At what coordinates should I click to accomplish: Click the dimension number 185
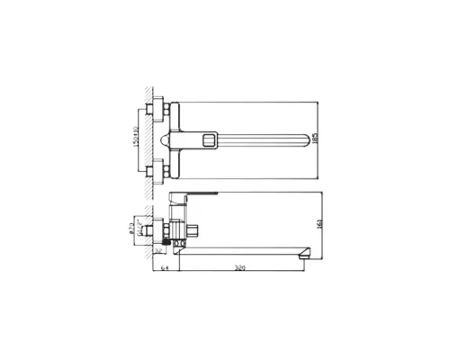(x=324, y=139)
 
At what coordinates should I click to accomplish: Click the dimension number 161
(x=324, y=225)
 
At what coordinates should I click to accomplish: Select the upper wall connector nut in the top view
(x=160, y=109)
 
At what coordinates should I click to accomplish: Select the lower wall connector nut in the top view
(x=160, y=169)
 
